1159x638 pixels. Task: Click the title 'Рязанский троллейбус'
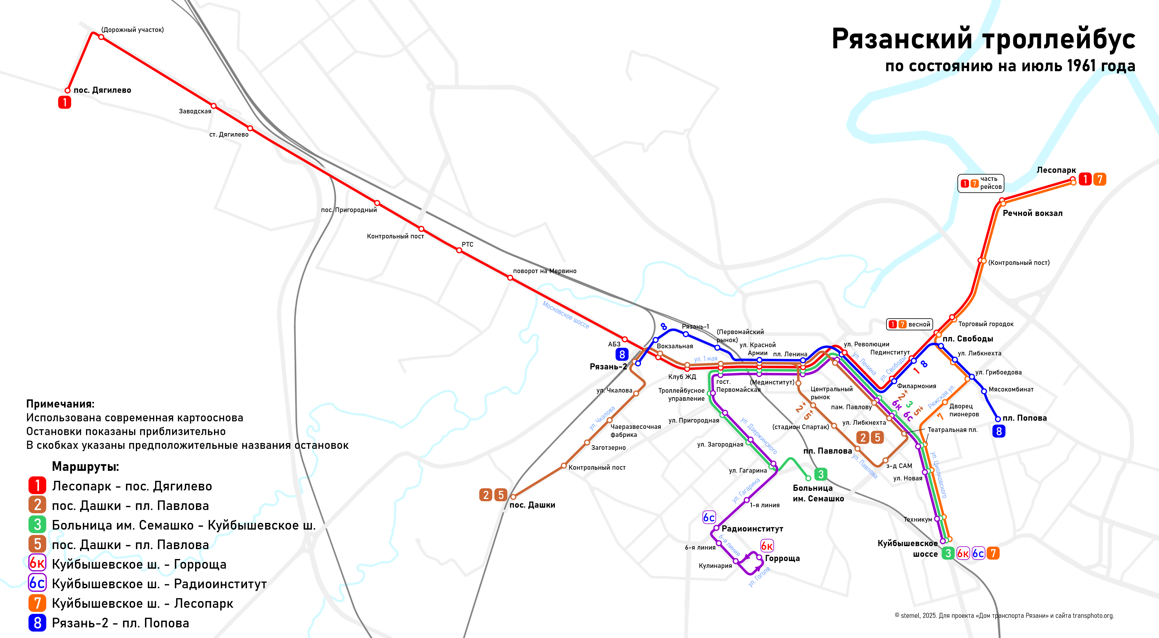[983, 39]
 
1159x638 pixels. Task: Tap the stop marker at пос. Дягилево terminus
[67, 90]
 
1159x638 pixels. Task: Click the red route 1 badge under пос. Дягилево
[64, 103]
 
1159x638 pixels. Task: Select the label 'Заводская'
[195, 111]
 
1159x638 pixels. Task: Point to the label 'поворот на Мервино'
[544, 271]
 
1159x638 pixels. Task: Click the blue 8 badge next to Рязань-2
[622, 354]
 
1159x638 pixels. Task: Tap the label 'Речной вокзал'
[1032, 213]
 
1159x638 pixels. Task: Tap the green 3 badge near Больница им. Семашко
[821, 474]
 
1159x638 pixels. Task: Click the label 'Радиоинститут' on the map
[752, 529]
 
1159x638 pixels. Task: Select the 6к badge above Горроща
[767, 546]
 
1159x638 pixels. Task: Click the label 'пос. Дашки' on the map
[532, 505]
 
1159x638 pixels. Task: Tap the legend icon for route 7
[37, 603]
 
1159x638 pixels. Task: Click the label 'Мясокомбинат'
[1011, 389]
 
